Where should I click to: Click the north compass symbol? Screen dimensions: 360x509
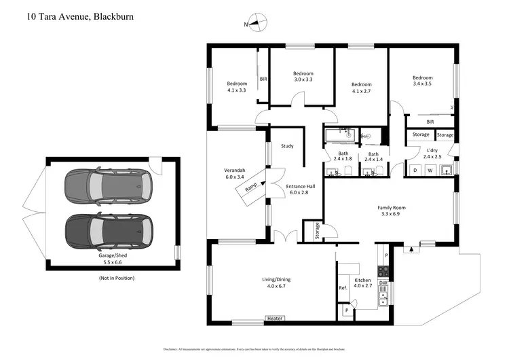point(256,23)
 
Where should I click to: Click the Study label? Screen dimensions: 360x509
point(286,145)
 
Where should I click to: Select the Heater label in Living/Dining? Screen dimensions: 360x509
point(274,319)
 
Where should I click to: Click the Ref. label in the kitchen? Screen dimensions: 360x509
point(343,288)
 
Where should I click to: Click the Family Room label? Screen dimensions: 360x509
point(391,211)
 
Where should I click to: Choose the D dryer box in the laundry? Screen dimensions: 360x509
point(415,170)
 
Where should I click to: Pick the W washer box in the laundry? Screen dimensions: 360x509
point(430,170)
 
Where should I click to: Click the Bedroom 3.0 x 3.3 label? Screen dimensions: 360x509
point(303,77)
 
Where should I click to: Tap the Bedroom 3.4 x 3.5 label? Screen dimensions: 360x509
point(422,81)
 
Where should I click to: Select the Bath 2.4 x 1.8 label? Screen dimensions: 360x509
point(343,157)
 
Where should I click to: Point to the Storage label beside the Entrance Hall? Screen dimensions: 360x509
point(316,232)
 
